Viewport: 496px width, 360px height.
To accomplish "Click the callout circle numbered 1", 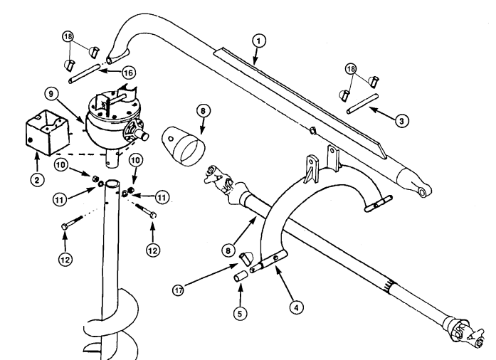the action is (259, 41).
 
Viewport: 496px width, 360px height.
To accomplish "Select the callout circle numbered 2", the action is (37, 180).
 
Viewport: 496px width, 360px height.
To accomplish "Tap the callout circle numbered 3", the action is (401, 121).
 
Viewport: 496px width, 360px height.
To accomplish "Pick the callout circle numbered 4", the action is (296, 307).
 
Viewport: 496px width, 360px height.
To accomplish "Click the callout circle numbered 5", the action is (240, 314).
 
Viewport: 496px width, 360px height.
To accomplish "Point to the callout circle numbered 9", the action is (51, 94).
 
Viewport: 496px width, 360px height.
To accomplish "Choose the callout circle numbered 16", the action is (128, 73).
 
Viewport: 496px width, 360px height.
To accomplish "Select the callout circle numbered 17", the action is (179, 290).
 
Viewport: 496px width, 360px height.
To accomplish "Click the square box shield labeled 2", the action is (48, 132).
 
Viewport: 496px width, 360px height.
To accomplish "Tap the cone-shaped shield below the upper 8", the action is (184, 146).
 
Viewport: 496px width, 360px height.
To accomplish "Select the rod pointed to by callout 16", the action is (84, 74).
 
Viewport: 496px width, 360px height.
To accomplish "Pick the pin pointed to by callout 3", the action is (362, 103).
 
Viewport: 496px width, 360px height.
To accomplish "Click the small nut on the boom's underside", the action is (312, 129).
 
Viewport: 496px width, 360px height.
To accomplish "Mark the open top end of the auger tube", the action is (112, 184).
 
